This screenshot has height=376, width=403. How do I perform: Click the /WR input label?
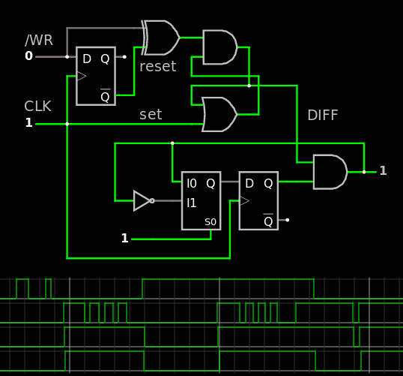coord(39,41)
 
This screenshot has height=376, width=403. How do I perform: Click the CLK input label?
coord(37,106)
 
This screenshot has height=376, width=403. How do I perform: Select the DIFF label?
coord(323,115)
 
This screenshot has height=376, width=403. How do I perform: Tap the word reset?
coord(158,67)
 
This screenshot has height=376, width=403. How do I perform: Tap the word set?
coord(151,115)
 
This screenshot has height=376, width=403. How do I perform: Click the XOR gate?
coord(160,38)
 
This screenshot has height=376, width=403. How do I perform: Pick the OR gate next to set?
coord(219,114)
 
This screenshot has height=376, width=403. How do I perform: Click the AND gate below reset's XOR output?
coord(220,47)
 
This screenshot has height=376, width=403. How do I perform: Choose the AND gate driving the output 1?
coord(330,172)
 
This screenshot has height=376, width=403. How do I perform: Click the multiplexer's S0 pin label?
coord(210,222)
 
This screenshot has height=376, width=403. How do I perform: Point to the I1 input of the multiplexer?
coord(192,203)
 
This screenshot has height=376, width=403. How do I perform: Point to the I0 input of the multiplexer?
coord(192,183)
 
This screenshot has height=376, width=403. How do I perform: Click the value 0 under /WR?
coord(28,56)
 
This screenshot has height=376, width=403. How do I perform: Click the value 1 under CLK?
coord(28,122)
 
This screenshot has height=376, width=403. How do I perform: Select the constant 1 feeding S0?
coord(124,238)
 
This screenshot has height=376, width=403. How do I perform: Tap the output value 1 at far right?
coord(383,170)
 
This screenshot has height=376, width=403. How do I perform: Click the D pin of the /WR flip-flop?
coord(87,59)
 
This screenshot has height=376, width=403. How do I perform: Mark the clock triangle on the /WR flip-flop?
coord(82,77)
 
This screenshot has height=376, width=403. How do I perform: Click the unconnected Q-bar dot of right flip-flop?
coord(288,220)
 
